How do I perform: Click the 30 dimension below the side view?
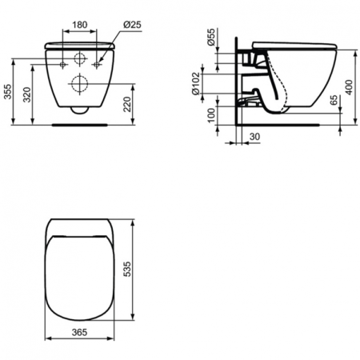tap(254, 138)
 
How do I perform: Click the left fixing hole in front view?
tap(61, 62)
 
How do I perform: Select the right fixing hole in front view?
tap(98, 62)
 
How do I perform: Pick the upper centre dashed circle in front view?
tap(79, 58)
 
